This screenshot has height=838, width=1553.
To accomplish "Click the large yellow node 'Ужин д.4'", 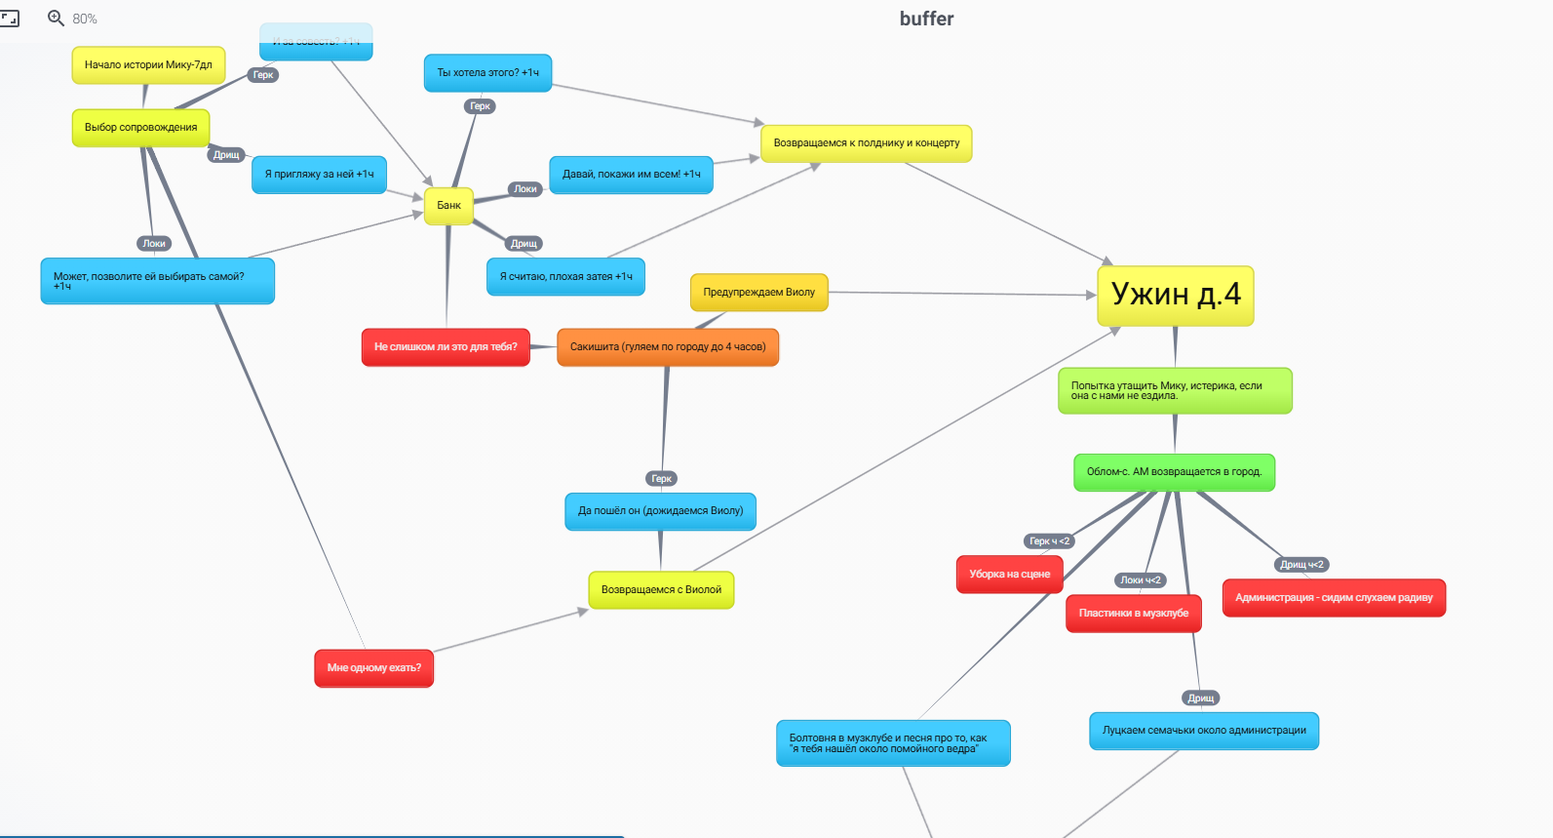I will [x=1175, y=295].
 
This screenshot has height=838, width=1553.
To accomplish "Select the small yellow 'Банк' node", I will [x=448, y=206].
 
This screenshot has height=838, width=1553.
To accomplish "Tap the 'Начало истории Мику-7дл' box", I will [x=148, y=65].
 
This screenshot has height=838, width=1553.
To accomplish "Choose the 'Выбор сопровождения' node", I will [x=140, y=128].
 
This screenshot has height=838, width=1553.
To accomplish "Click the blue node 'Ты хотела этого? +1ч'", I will [x=487, y=73].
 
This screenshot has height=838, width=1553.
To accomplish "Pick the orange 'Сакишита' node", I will [x=668, y=347].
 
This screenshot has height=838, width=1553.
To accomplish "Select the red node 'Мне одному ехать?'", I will [x=373, y=668].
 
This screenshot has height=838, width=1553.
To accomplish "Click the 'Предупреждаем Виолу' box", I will [x=758, y=293].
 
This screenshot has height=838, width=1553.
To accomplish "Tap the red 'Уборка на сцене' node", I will [x=1009, y=575].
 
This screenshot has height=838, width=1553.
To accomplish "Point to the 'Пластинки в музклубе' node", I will [x=1133, y=614].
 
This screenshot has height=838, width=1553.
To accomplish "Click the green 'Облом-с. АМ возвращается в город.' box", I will [x=1174, y=472].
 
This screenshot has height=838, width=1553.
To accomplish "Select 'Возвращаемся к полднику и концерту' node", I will [x=866, y=143].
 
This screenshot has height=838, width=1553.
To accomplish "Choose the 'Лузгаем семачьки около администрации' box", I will [x=1204, y=731].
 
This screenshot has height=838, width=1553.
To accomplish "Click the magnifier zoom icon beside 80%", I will [x=57, y=19].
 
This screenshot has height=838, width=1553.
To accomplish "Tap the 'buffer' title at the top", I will [x=926, y=19].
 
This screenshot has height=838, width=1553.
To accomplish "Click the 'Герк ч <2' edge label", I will [x=1049, y=541].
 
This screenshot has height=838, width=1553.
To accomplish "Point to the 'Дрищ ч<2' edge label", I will [x=1301, y=565].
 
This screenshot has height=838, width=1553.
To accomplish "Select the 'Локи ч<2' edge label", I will [x=1140, y=580].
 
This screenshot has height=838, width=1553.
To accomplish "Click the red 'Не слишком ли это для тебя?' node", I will [x=446, y=347].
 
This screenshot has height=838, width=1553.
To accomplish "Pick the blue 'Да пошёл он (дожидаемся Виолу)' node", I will [x=660, y=511].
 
